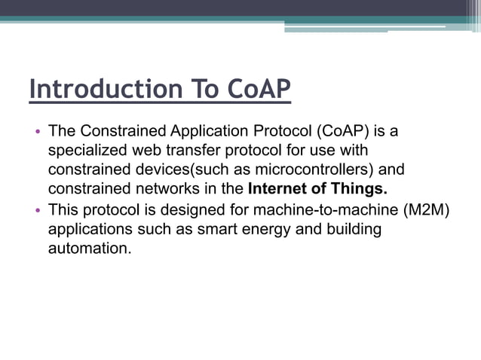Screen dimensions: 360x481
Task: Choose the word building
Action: [352, 229]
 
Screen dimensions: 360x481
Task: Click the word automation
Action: [89, 248]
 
